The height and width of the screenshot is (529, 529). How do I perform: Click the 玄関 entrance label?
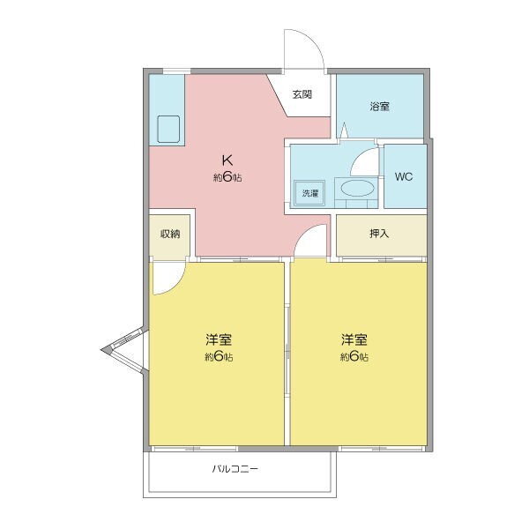tap(302, 94)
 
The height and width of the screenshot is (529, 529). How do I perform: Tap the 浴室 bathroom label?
tap(380, 106)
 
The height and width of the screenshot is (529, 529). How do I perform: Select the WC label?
tap(404, 176)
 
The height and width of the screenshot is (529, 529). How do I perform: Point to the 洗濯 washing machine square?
tap(309, 192)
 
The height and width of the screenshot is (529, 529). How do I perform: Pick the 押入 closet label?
tap(380, 235)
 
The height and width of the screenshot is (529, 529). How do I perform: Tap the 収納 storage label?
tap(169, 234)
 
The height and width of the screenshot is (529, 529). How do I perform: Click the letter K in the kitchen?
tap(227, 160)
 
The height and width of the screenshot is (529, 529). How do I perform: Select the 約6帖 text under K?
tap(227, 177)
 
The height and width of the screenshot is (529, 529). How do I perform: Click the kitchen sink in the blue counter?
tap(168, 130)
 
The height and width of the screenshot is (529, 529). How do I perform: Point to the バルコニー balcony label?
tap(235, 469)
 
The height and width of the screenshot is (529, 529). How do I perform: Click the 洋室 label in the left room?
tap(219, 339)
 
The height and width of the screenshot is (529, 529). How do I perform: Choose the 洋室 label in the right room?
tap(354, 339)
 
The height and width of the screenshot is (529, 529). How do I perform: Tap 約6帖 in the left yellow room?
tap(219, 357)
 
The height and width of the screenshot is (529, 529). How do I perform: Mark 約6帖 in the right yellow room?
tap(354, 357)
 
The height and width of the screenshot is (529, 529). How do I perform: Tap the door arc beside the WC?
tap(363, 163)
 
